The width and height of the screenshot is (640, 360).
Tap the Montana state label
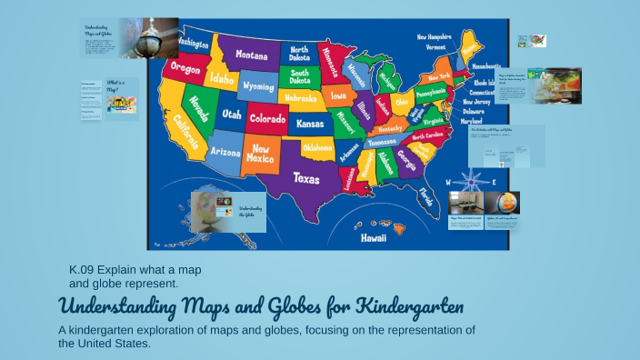(252, 55)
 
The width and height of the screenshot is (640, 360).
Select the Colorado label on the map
(267, 119)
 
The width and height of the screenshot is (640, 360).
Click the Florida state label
(425, 195)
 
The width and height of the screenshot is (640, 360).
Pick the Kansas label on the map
(310, 123)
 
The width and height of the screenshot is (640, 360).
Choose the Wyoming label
(258, 86)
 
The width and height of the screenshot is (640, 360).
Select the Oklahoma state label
(317, 147)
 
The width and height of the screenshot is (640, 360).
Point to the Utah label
(231, 115)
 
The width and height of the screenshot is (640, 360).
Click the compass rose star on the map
(471, 182)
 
